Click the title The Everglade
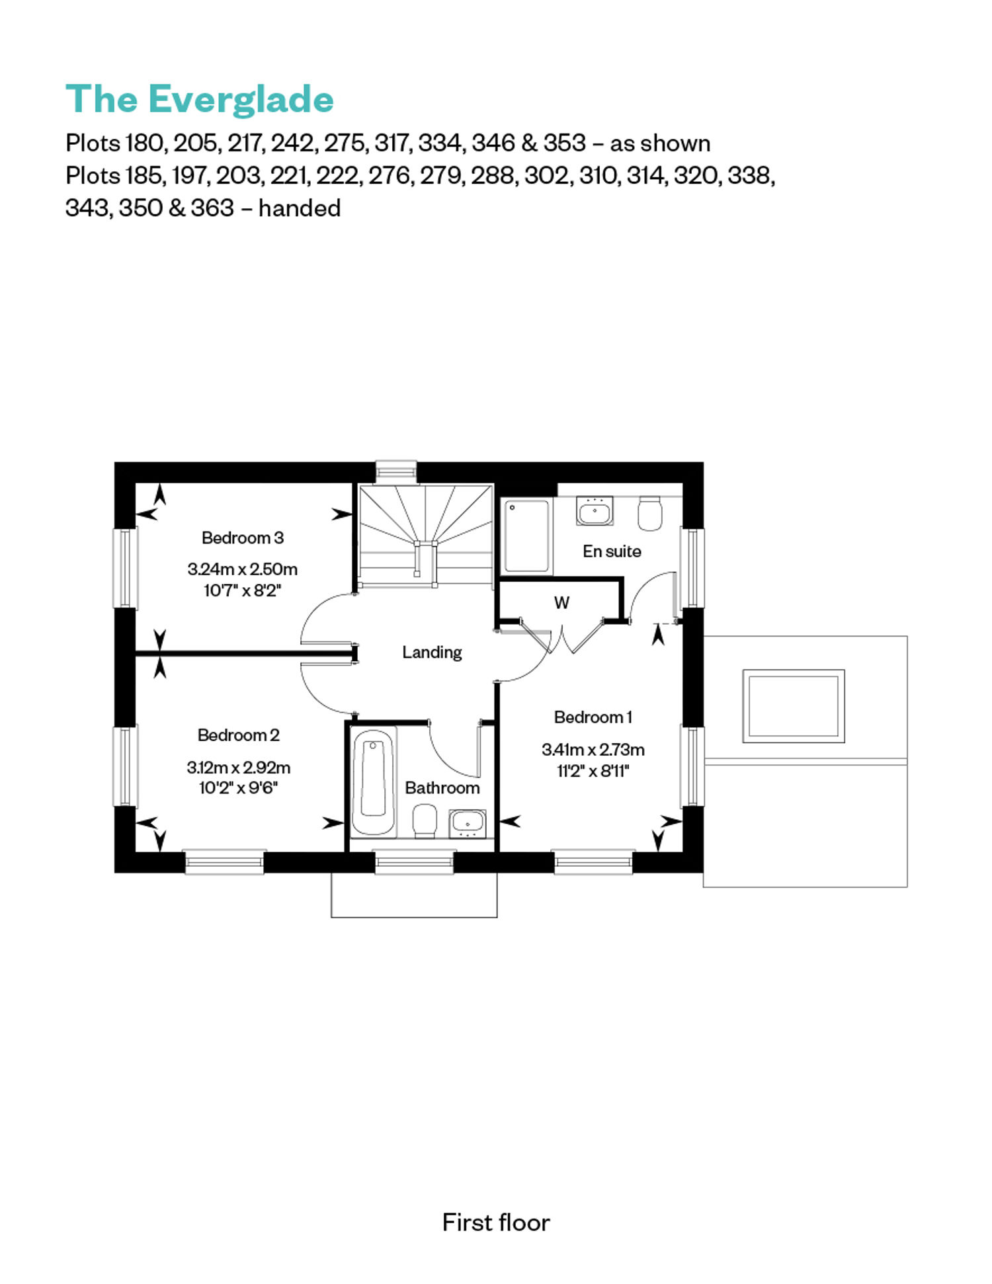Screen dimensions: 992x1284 200,100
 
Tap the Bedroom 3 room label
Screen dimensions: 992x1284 243,538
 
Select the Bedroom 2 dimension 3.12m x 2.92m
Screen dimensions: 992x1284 239,768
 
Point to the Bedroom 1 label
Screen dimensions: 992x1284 593,717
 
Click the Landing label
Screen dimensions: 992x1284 432,653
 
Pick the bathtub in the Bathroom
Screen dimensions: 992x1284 374,783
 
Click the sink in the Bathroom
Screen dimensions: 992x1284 468,824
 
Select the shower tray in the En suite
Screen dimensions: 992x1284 527,536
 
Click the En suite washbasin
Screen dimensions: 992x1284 595,511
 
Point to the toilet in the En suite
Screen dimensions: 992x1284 650,513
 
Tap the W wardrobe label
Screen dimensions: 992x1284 561,603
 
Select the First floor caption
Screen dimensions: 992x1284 496,1223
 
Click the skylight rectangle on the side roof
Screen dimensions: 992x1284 794,705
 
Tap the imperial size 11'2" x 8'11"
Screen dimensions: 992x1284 593,771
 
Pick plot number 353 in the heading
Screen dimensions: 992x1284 565,143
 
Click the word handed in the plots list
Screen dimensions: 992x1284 300,208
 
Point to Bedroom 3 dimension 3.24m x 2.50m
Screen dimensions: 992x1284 243,569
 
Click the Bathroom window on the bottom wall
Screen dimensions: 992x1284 415,862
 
